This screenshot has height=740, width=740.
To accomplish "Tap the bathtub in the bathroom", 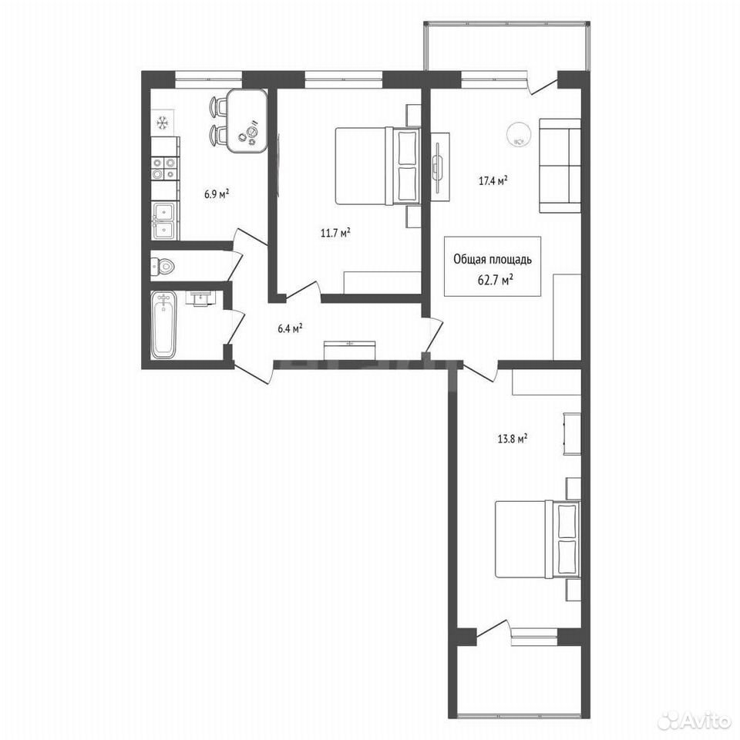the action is [x=163, y=325].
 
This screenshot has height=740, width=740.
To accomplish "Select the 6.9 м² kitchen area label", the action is [x=217, y=193].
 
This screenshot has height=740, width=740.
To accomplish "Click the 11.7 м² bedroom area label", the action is [x=335, y=233].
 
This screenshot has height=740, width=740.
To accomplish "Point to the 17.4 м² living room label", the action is [x=493, y=180].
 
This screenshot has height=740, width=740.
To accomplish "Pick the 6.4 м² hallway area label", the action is [x=291, y=328].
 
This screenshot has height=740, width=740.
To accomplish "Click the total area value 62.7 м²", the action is [x=496, y=281].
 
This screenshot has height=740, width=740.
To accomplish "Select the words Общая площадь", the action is [x=493, y=259].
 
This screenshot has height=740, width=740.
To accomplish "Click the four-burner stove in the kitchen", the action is [x=163, y=169].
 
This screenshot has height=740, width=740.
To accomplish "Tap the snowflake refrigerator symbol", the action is [x=163, y=123].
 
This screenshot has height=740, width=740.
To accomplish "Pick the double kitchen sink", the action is [x=163, y=220].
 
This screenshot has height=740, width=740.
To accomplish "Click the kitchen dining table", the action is [x=247, y=121].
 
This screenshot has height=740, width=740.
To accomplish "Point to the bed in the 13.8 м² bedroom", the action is [x=537, y=540].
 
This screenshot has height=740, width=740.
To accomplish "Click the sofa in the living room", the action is [x=560, y=166].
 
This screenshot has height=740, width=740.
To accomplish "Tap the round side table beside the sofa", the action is [x=518, y=134].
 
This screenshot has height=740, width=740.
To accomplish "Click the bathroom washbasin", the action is [x=201, y=299].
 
